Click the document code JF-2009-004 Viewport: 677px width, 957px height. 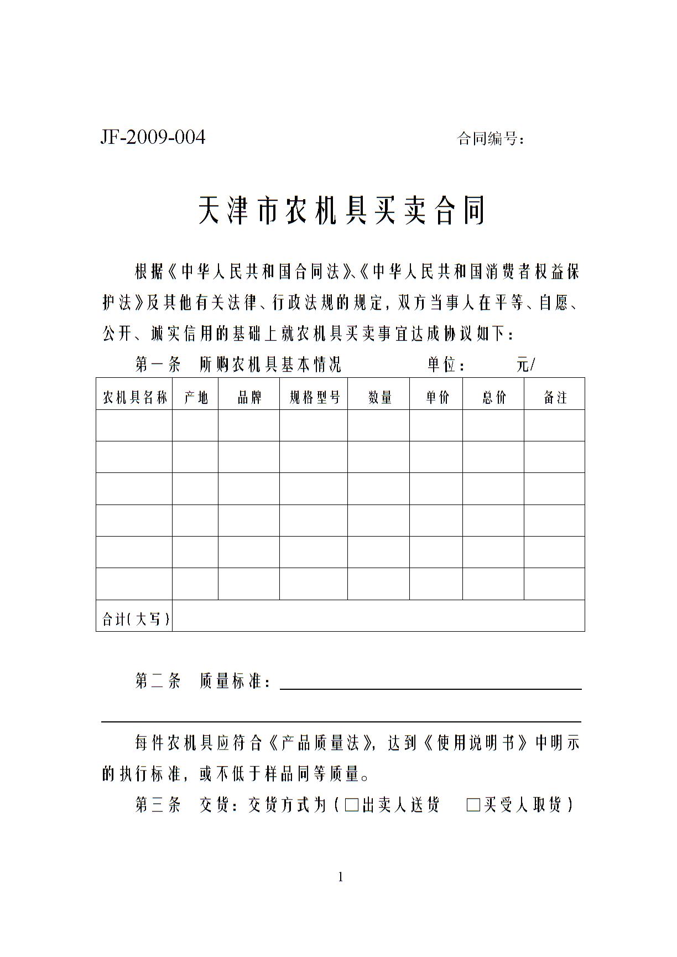153,137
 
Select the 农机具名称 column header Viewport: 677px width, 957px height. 134,397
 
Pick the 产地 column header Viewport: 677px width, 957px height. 195,397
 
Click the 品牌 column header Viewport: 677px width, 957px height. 249,397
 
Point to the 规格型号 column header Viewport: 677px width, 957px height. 314,397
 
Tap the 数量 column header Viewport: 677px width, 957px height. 379,397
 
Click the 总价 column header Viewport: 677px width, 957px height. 493,397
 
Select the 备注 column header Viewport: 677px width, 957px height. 555,397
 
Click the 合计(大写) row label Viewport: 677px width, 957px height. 135,619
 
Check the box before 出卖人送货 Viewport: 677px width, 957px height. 351,805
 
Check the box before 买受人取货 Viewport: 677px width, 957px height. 473,805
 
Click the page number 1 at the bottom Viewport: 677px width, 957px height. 340,877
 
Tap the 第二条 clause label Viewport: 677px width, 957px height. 158,681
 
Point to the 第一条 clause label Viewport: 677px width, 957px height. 158,365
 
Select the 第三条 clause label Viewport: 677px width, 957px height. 158,805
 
